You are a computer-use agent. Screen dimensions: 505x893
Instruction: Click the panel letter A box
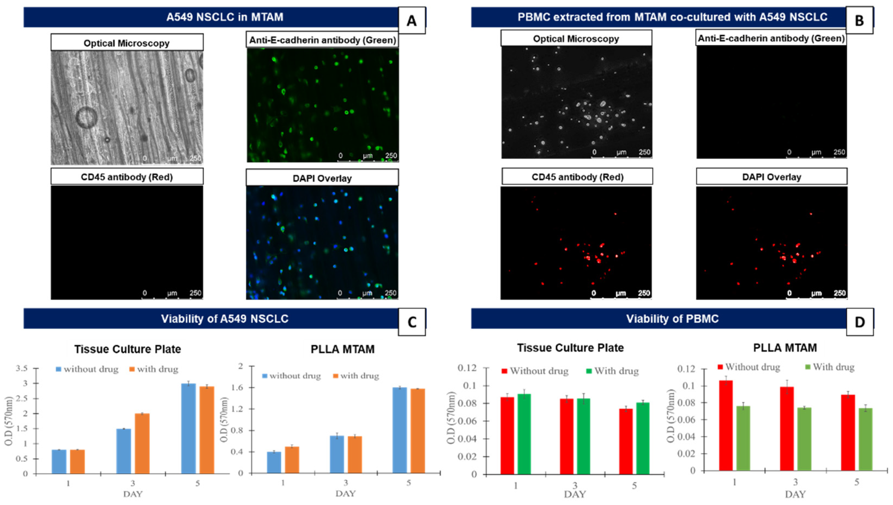pos(412,21)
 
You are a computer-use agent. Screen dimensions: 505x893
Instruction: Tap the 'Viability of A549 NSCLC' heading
pos(225,319)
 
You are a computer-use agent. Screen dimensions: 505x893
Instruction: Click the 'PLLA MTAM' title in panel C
pos(343,349)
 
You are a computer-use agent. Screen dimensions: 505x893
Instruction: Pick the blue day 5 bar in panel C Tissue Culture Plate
pos(188,429)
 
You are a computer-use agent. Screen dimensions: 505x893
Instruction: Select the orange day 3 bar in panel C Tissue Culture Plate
pos(142,444)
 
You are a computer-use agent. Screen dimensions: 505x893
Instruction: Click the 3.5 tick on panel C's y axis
pos(22,368)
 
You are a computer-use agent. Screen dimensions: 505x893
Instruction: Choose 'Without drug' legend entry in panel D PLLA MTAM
pos(749,367)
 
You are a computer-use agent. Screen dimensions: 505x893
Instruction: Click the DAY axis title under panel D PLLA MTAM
pos(795,494)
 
